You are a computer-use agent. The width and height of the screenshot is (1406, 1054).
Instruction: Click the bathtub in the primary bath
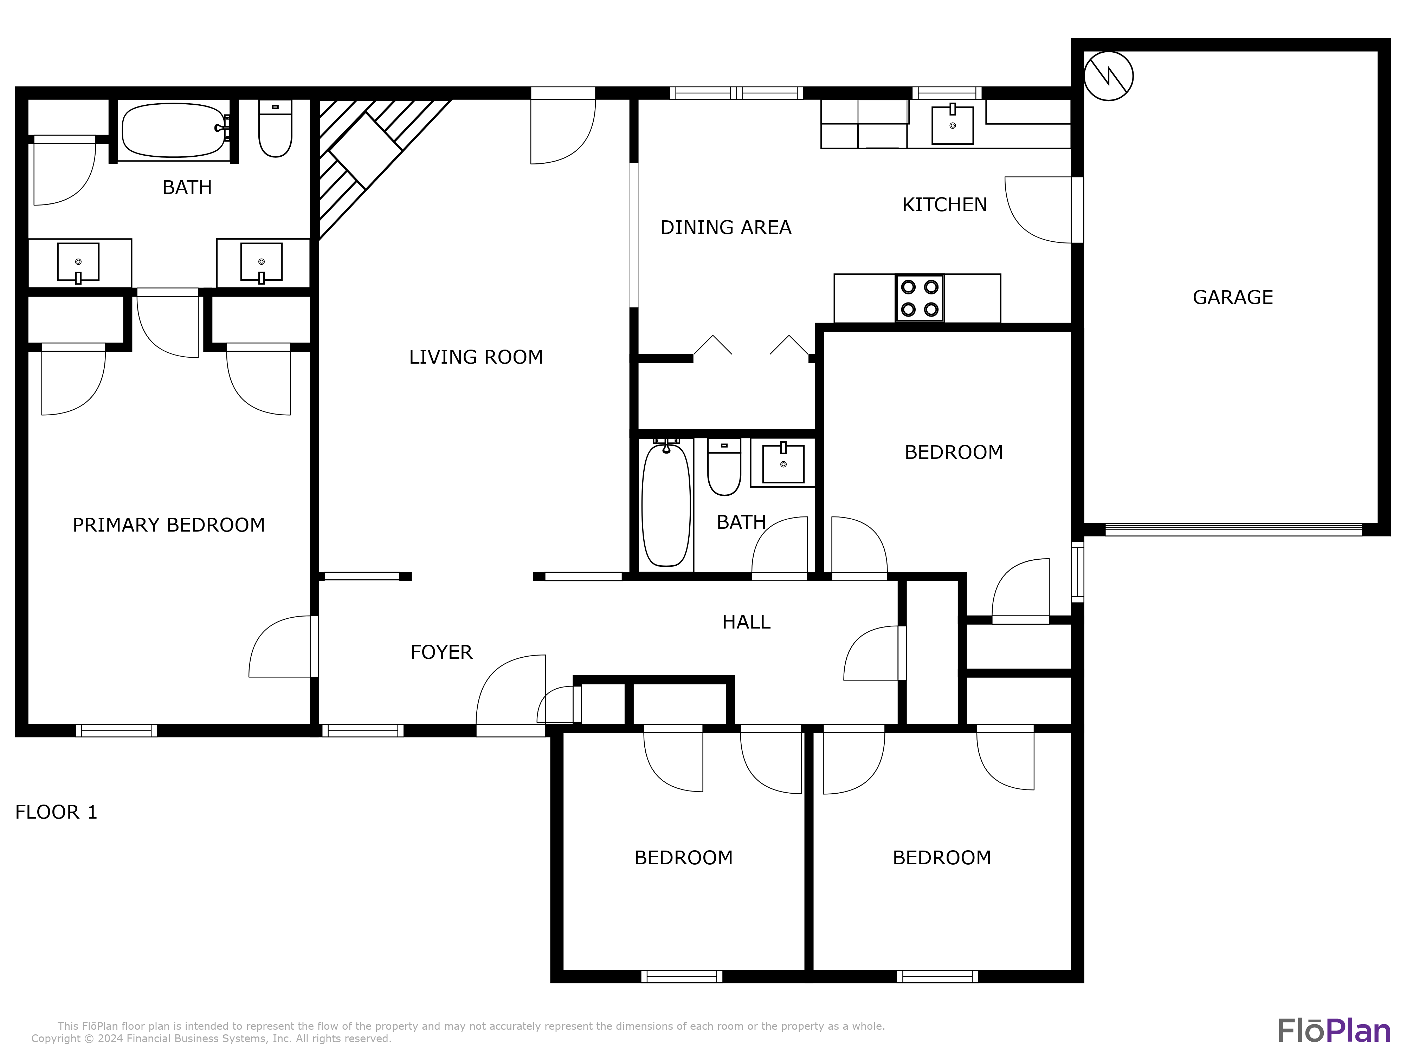[x=173, y=130]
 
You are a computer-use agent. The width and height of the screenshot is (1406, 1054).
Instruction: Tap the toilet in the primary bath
[x=275, y=129]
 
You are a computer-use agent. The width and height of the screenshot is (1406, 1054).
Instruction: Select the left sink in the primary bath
[x=78, y=262]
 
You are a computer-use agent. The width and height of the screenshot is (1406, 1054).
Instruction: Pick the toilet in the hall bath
[x=724, y=468]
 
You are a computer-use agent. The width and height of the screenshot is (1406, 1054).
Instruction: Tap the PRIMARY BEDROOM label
[x=168, y=525]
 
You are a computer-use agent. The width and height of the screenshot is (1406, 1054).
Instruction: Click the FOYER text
[x=441, y=652]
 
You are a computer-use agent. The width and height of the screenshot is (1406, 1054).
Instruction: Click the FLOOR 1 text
[x=56, y=813]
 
